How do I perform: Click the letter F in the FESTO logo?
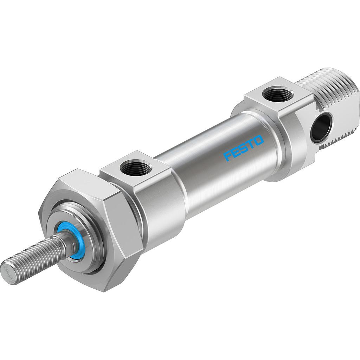point(228,156)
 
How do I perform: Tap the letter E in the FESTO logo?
point(236,152)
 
